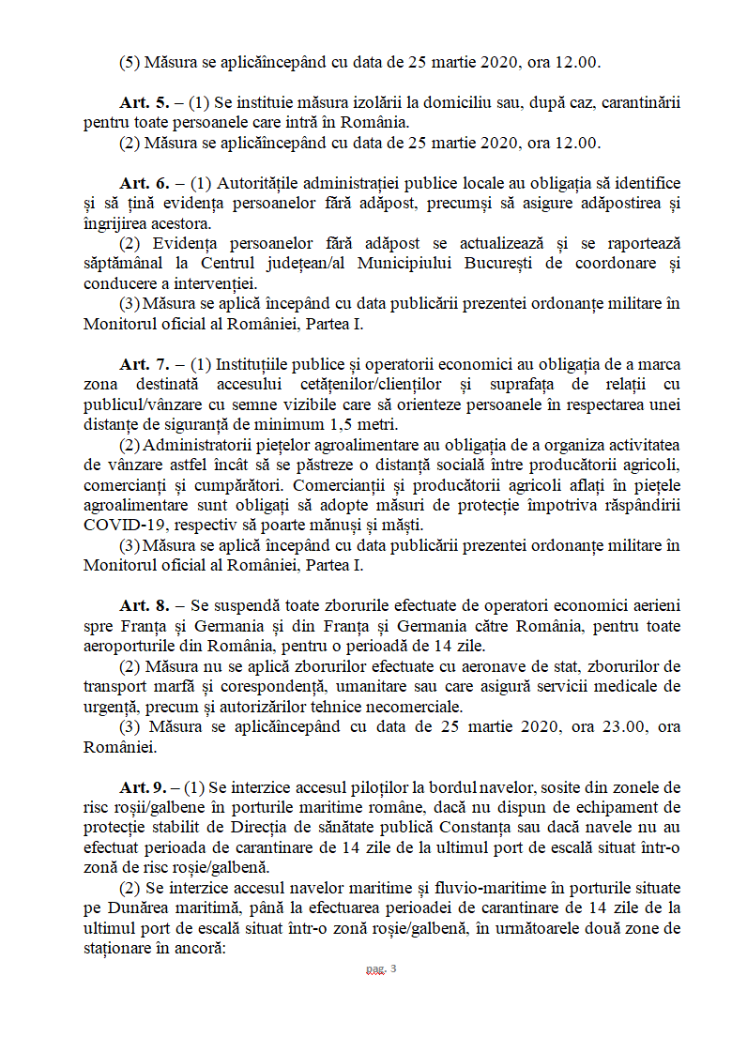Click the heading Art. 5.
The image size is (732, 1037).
pyautogui.click(x=144, y=102)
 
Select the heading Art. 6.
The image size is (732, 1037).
pyautogui.click(x=144, y=183)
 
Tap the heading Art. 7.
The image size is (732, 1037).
pyautogui.click(x=144, y=364)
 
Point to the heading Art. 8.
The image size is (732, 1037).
pyautogui.click(x=144, y=606)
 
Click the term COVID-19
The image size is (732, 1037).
pyautogui.click(x=121, y=525)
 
